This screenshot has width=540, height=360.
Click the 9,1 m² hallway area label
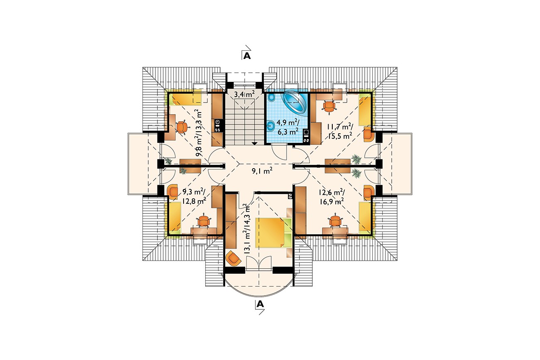click(262, 171)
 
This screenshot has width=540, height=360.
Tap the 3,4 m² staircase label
click(244, 94)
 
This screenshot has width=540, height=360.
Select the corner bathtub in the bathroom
click(295, 102)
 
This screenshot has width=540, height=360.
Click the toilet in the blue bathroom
click(271, 98)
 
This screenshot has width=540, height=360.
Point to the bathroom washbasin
click(271, 125)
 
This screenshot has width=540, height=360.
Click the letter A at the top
click(247, 56)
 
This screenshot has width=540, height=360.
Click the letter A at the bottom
click(260, 304)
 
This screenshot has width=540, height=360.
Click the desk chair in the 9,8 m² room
click(182, 127)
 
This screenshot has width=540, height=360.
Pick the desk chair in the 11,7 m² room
click(329, 107)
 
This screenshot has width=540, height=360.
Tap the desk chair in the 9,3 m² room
click(204, 221)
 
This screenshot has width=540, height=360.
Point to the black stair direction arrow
click(255, 143)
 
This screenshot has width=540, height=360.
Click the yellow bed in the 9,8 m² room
click(187, 100)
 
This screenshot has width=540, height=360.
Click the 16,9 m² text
click(332, 201)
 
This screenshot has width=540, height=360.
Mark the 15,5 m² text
click(339, 136)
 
